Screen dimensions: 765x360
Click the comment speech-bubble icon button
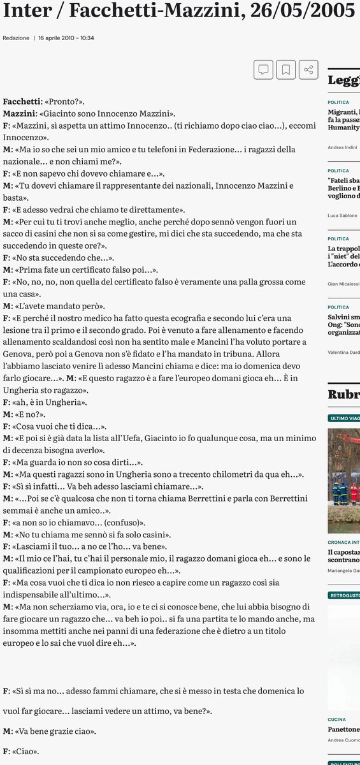[263, 69]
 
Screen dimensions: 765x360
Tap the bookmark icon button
[285, 69]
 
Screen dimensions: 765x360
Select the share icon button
[308, 69]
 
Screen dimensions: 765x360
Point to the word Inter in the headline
[25, 10]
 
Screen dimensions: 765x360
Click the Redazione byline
[16, 38]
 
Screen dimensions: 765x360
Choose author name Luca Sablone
[343, 215]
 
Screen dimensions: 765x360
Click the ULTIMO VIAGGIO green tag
[344, 418]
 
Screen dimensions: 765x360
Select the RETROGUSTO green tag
[344, 595]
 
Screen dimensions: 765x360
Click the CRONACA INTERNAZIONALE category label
[343, 542]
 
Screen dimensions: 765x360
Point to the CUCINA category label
[338, 719]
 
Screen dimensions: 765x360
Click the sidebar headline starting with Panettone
[343, 729]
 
